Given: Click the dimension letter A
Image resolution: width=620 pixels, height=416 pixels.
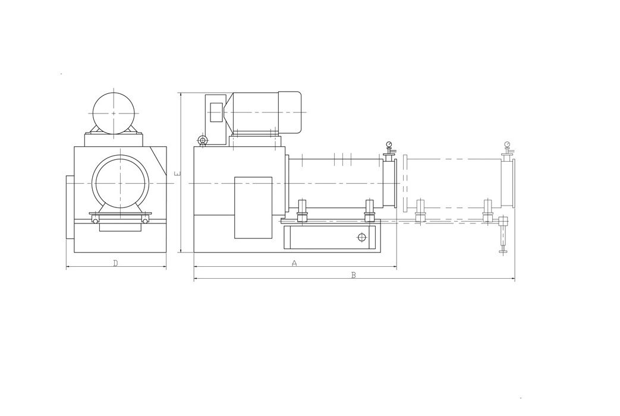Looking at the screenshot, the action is [x=294, y=263].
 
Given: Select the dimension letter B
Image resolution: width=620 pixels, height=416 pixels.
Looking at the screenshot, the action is [x=354, y=275].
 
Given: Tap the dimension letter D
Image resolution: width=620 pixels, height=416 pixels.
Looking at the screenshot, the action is [x=115, y=263].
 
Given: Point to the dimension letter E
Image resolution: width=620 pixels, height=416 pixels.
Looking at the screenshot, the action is [x=177, y=173].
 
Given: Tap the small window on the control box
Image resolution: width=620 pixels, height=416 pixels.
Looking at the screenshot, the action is [x=216, y=112].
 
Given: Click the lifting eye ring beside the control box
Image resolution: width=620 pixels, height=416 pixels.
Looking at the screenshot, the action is [x=203, y=140].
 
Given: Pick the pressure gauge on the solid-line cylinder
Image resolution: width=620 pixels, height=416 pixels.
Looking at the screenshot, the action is [x=389, y=144].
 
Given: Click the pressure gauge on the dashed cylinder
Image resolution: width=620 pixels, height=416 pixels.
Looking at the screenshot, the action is [x=507, y=144].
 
